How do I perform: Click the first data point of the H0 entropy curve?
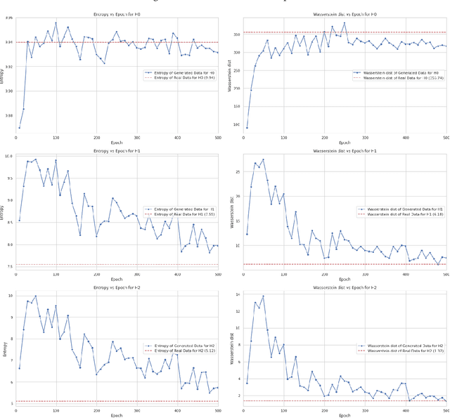pos(19,127)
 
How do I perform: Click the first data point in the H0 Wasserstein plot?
pos(247,127)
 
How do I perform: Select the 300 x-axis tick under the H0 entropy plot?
pos(137,138)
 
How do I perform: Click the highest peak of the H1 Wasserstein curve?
pos(264,159)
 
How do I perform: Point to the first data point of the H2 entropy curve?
pos(19,367)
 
